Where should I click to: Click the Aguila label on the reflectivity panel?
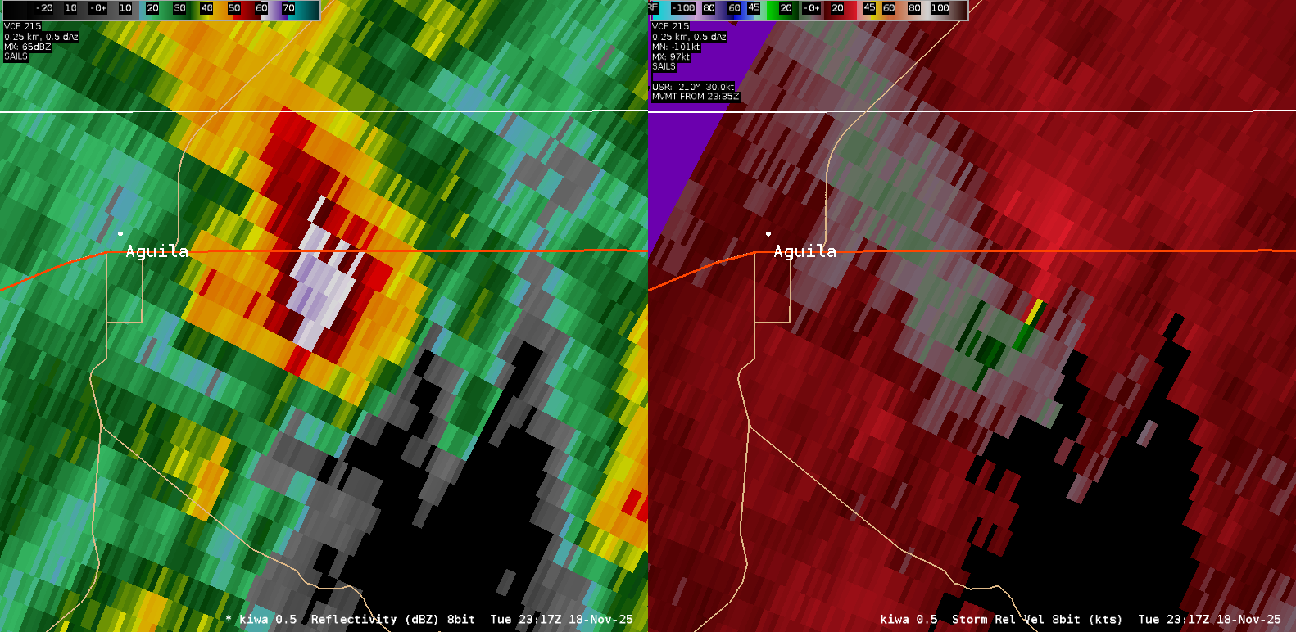(156, 251)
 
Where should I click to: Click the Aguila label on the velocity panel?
(804, 251)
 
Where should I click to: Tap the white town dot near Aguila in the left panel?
(120, 233)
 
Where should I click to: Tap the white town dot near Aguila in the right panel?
(768, 233)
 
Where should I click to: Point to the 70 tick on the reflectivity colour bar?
(288, 8)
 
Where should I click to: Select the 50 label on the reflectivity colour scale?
(234, 8)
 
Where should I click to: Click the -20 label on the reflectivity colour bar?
(44, 8)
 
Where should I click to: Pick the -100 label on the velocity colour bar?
(683, 8)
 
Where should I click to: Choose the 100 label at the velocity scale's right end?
(940, 8)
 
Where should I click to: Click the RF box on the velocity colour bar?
(654, 7)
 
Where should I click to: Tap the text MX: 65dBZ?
(28, 47)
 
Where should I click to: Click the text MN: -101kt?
(676, 47)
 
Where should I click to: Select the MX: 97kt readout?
(671, 56)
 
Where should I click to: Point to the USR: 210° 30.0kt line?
(693, 87)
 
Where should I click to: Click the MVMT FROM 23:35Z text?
(696, 97)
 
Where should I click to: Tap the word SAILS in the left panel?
(16, 56)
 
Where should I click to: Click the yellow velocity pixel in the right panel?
(1035, 310)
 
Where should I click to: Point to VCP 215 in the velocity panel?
(670, 26)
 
